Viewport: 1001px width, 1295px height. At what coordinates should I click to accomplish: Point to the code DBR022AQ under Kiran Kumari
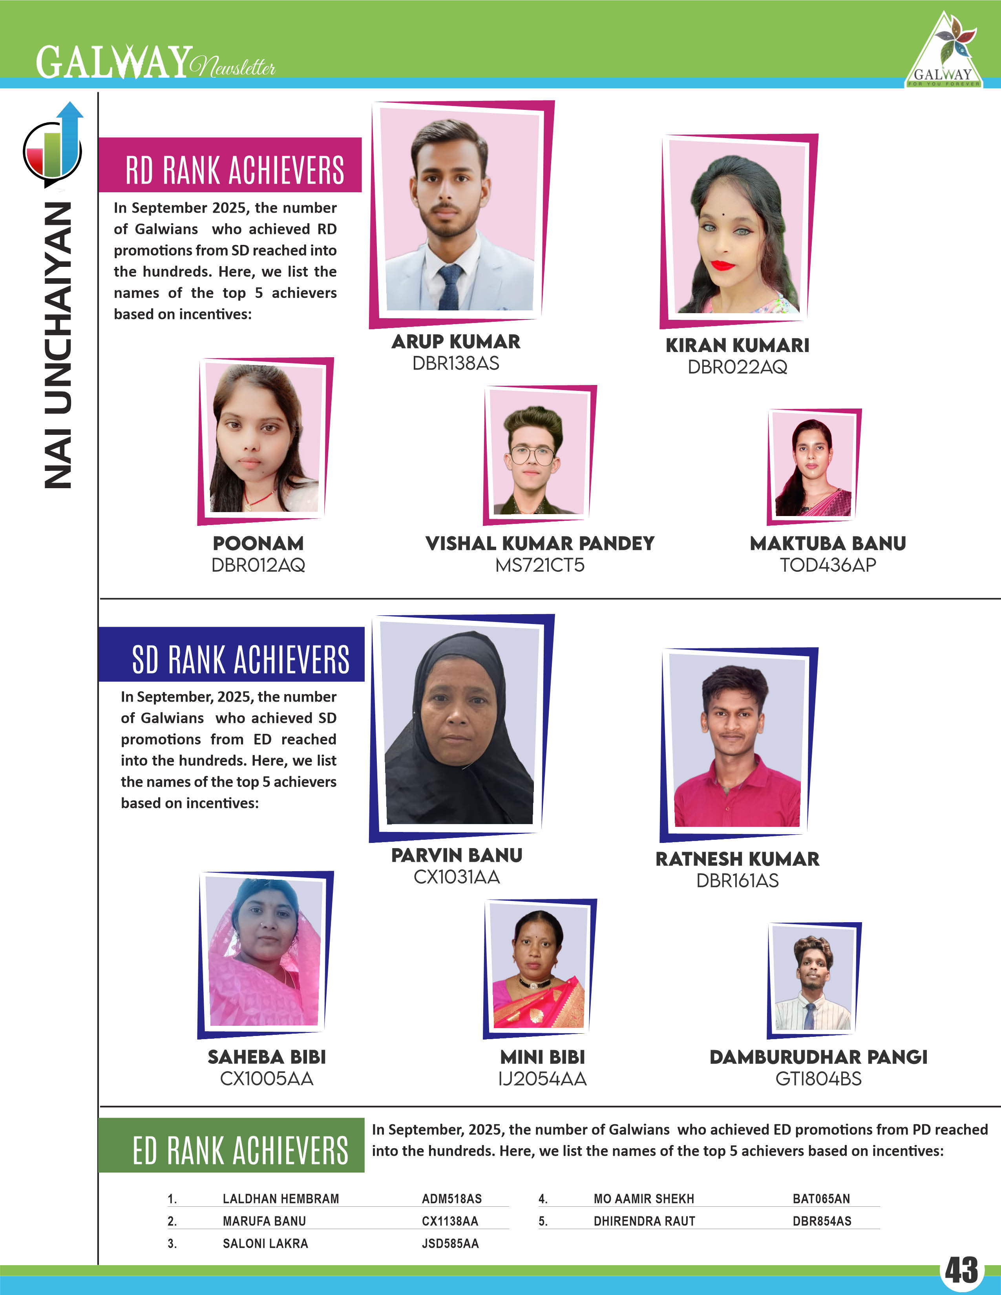(x=737, y=367)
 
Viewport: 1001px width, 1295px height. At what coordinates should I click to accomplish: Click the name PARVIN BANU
(x=457, y=855)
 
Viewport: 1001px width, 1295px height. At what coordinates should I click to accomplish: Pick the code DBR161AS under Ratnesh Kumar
(x=737, y=881)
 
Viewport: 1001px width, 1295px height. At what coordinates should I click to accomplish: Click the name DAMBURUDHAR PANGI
(x=818, y=1057)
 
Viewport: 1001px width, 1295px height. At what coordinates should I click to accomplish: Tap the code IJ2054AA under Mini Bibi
(x=543, y=1078)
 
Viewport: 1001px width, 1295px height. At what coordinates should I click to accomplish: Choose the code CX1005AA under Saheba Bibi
(x=266, y=1078)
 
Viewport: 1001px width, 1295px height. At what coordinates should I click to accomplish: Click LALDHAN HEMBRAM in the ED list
(x=281, y=1198)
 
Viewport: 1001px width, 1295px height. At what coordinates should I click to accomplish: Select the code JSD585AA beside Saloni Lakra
(x=450, y=1244)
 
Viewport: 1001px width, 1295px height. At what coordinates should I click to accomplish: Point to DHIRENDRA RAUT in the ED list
(x=644, y=1221)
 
